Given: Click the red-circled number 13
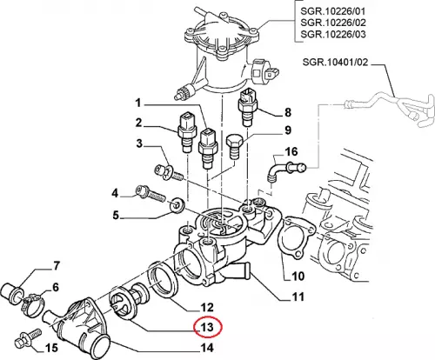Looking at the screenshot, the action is [208, 328].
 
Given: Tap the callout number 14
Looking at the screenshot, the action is [208, 348].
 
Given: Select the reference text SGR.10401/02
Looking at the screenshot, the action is [335, 62].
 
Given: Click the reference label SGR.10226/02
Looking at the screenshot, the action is [333, 23].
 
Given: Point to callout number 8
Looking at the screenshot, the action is [287, 112].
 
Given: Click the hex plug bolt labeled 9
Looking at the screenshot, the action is [233, 146].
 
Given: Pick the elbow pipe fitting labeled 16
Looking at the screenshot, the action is [285, 170].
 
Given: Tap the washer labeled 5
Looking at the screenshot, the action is [177, 204].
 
